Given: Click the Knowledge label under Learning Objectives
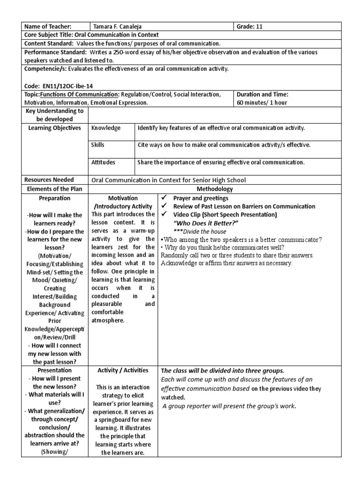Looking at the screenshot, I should click(106, 128).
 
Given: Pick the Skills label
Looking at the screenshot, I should click(98, 145).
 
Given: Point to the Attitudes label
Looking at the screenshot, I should click(104, 162).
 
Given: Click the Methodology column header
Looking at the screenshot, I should click(217, 189).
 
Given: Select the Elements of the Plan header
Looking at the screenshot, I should click(55, 189).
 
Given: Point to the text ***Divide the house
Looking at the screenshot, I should click(200, 231).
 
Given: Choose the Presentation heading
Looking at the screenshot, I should click(55, 370).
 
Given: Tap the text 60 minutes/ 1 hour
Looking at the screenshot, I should click(262, 102).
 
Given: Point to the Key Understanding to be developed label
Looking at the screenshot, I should click(55, 115).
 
